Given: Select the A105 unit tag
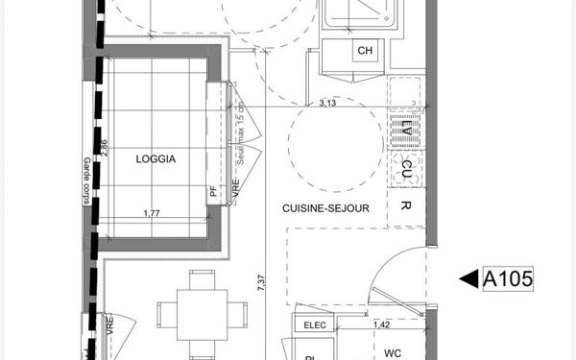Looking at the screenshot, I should pos(508,279).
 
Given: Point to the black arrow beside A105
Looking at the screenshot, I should pos(468,279).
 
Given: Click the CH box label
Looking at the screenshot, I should pos(365,51).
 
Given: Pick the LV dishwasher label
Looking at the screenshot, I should pos(406,128).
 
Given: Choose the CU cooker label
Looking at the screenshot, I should pos(406,168).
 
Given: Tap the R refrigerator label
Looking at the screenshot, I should pos(406,206).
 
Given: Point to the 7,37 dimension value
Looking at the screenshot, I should pos(260,281).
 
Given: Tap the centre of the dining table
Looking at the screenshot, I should pos(201,313).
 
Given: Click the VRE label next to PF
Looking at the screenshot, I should pos(235,191).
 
